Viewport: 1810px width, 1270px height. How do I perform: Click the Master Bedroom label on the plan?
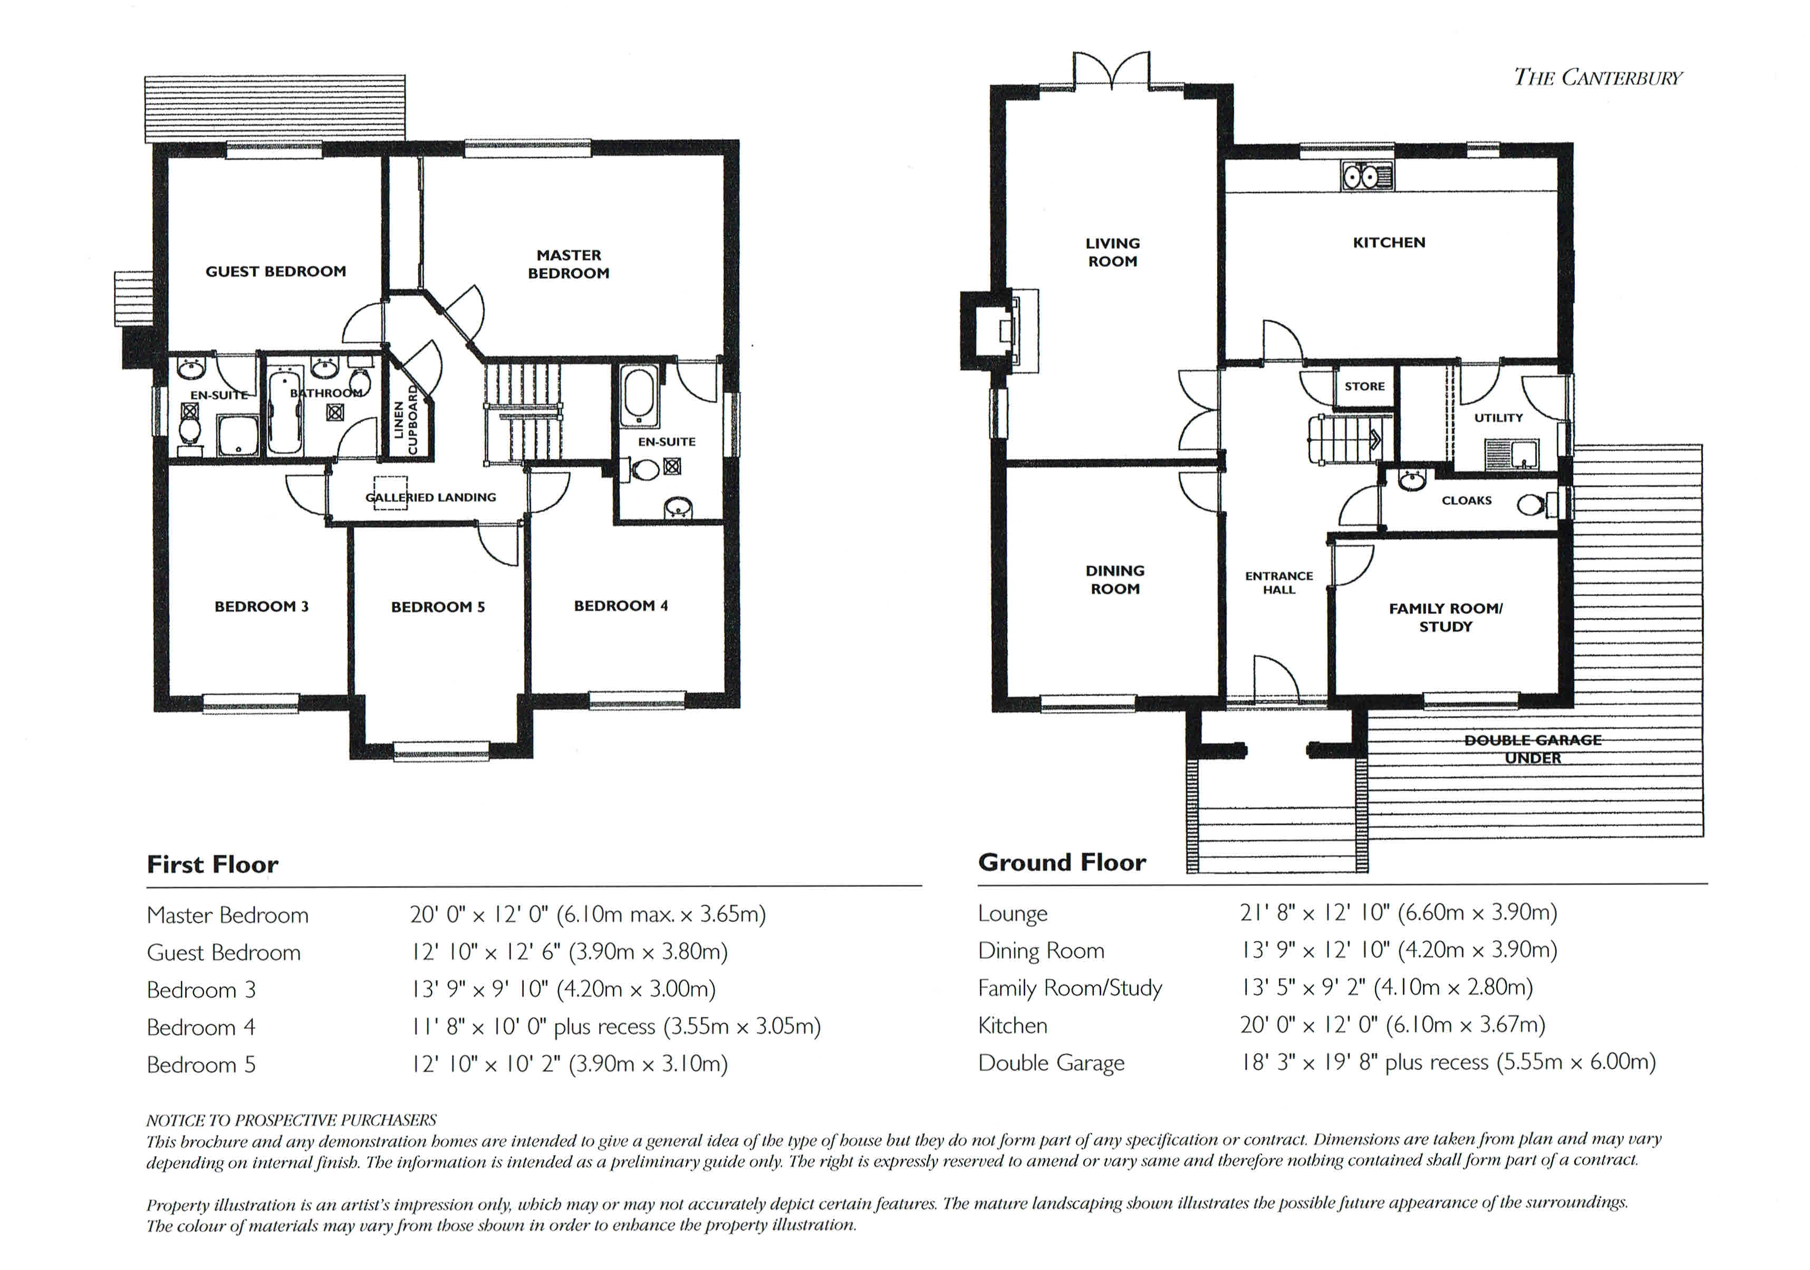point(569,264)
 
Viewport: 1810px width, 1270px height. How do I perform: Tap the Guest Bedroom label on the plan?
point(276,271)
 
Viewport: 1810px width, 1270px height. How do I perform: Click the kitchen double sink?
point(1367,177)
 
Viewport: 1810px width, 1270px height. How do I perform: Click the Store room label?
point(1364,386)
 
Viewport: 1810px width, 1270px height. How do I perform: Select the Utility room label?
point(1499,418)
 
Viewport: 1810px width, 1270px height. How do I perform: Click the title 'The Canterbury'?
point(1598,77)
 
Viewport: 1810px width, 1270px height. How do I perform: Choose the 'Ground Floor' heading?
point(1062,862)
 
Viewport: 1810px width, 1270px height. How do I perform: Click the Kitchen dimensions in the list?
point(1392,1024)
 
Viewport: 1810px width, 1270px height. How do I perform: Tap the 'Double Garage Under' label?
point(1533,749)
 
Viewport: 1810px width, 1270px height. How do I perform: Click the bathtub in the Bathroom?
point(285,411)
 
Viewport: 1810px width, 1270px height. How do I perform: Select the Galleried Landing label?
point(430,497)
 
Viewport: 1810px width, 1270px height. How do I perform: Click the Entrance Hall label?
point(1279,583)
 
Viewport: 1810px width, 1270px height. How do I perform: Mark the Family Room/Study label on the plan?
point(1446,617)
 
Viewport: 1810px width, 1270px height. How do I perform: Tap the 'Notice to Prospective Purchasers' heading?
point(291,1120)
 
